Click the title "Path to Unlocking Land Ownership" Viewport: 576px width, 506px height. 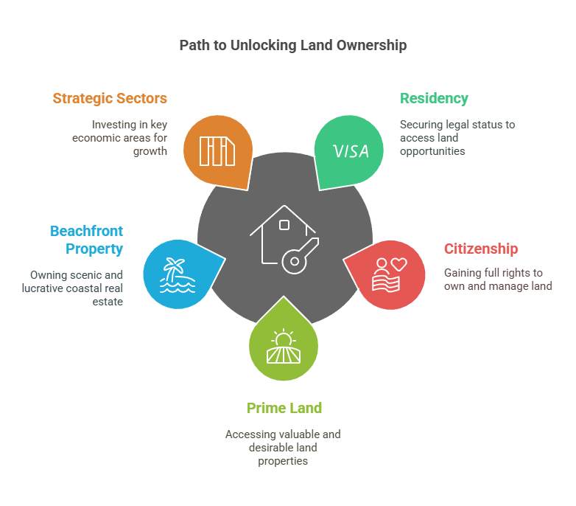click(292, 46)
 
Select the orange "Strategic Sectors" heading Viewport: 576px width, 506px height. click(110, 98)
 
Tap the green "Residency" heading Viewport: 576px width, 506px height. click(434, 98)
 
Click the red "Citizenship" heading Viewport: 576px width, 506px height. click(480, 249)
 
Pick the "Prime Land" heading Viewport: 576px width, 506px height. click(284, 408)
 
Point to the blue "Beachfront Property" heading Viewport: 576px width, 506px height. click(86, 240)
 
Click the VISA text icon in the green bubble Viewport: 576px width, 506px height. click(351, 151)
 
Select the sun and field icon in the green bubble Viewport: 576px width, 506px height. click(284, 347)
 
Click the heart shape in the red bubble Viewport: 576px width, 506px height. click(398, 264)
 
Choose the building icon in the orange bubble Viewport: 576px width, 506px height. click(217, 152)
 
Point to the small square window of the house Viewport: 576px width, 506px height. click(284, 225)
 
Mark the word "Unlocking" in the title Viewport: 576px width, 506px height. click(261, 46)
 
